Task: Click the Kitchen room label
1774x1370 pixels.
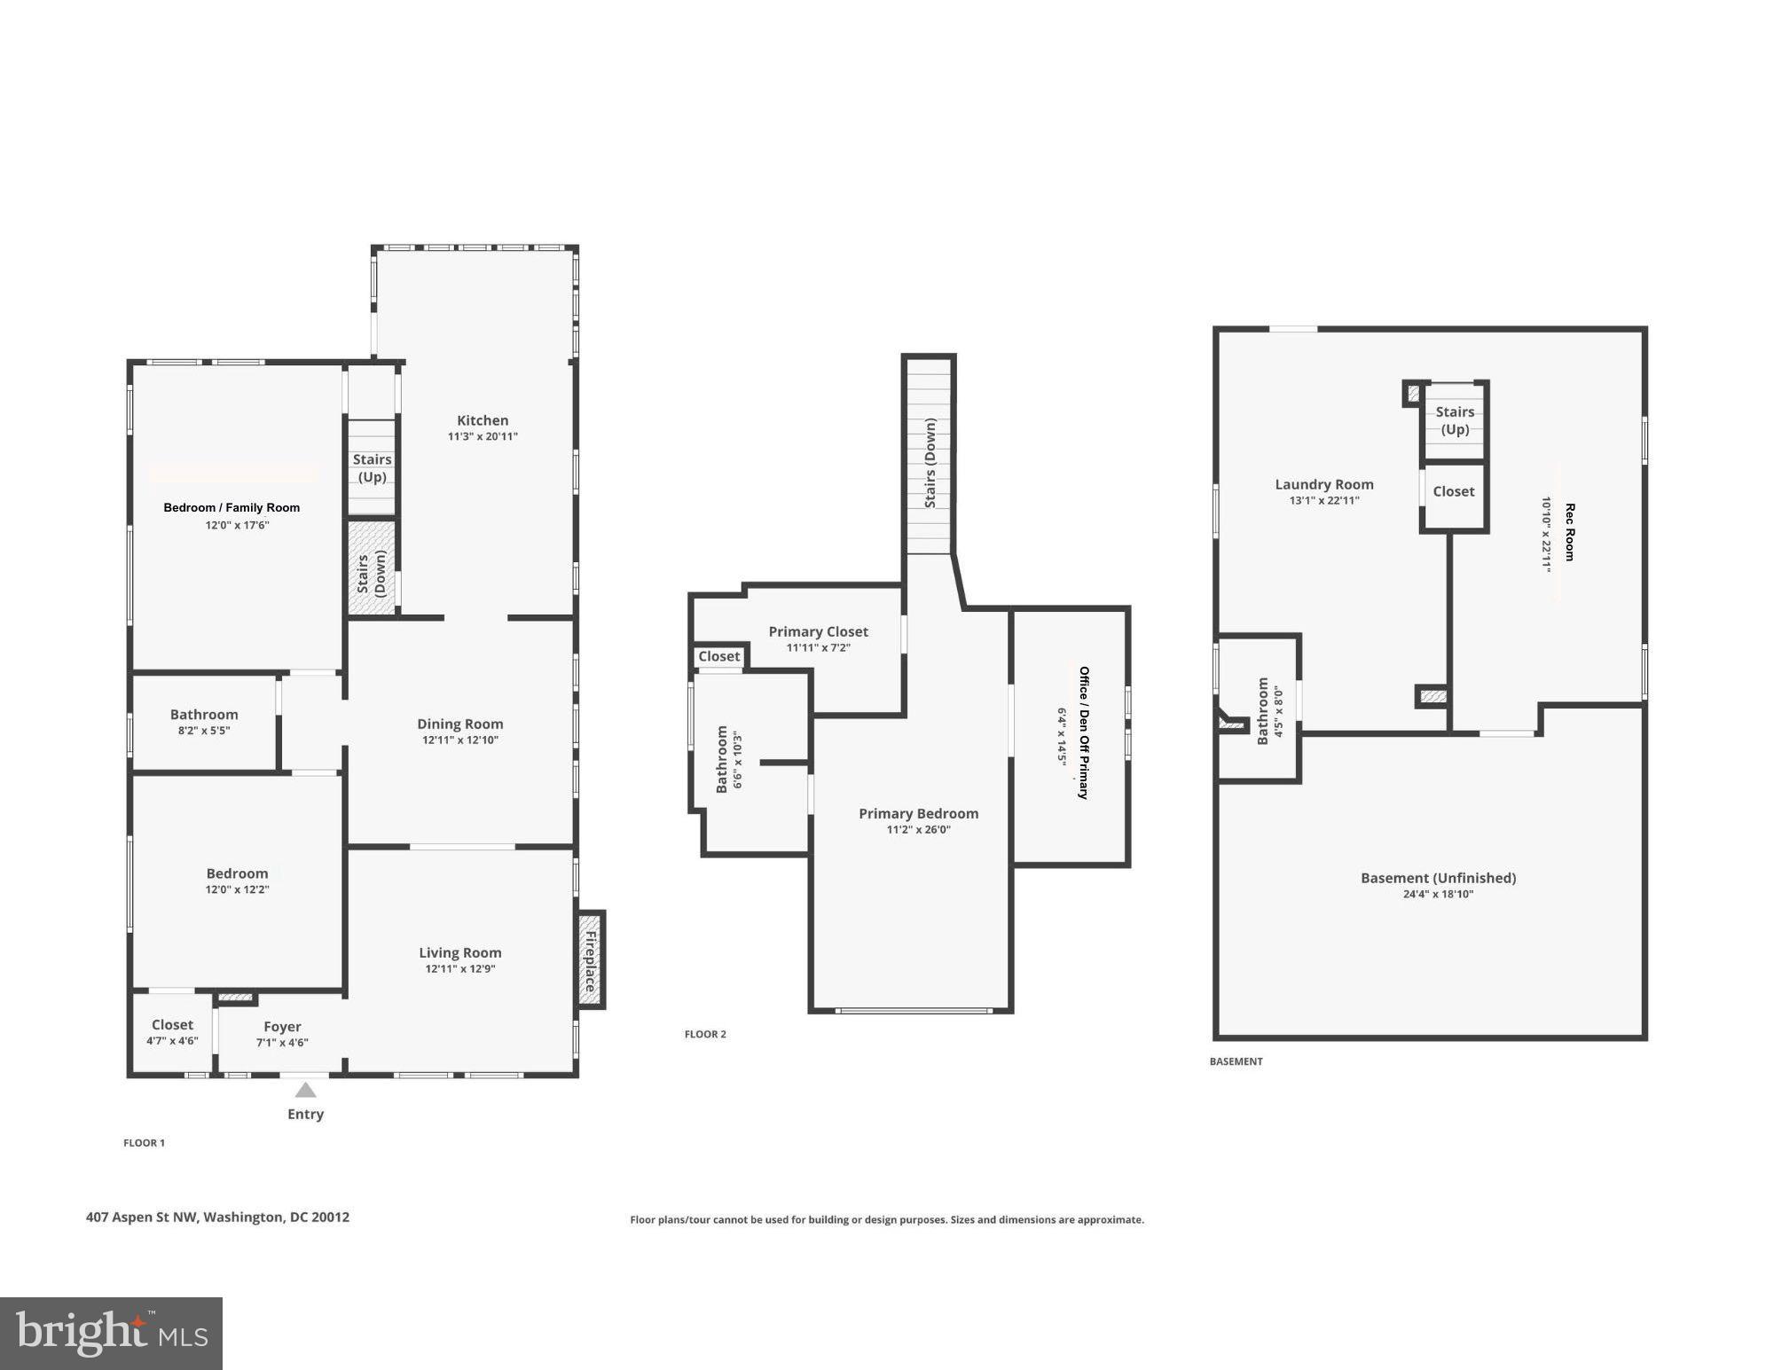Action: pos(483,420)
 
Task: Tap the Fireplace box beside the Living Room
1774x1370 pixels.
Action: pos(591,959)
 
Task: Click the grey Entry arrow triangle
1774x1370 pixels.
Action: pos(305,1090)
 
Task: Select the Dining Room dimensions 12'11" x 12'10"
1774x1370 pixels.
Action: pos(460,740)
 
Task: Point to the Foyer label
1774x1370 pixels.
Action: pos(282,1027)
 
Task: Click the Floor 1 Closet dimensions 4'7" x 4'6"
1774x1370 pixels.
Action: pos(172,1041)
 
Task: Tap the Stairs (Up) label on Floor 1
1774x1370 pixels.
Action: pos(372,468)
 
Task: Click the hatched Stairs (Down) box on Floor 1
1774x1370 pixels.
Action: pos(372,568)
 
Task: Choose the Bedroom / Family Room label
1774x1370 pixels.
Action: pos(232,507)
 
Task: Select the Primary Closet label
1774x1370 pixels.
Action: pos(818,631)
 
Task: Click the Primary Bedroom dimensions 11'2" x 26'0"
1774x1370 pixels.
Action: pos(918,830)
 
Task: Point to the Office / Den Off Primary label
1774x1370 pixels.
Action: pos(1083,732)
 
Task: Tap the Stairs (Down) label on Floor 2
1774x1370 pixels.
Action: pos(930,463)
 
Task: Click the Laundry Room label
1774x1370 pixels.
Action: pos(1324,484)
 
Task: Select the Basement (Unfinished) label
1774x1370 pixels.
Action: pos(1438,878)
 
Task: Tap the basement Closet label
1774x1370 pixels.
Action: pos(1454,491)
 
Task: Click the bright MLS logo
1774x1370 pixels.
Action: pos(111,1334)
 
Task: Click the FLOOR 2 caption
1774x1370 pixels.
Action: pos(705,1034)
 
